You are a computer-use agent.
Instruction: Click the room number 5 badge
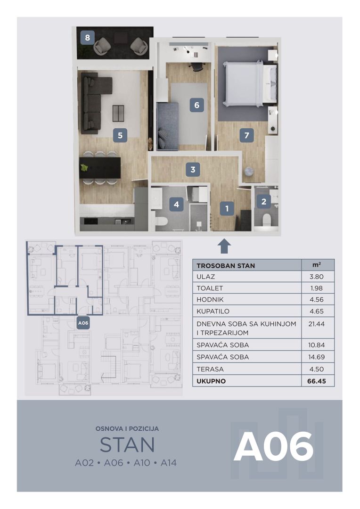[x=120, y=135]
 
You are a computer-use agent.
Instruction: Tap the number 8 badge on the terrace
[x=87, y=38]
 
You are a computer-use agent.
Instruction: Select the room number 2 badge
[x=263, y=202]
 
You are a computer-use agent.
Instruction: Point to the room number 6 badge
[x=196, y=105]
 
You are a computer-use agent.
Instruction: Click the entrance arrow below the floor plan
[x=224, y=246]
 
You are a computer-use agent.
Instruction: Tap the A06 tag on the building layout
[x=83, y=323]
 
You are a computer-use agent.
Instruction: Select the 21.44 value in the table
[x=317, y=324]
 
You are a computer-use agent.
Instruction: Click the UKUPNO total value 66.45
[x=317, y=381]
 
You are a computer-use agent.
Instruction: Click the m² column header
[x=317, y=265]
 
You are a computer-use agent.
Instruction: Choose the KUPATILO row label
[x=213, y=311]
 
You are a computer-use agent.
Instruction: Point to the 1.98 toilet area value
[x=317, y=288]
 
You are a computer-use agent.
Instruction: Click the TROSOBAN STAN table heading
[x=226, y=265]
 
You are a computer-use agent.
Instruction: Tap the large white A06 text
[x=274, y=447]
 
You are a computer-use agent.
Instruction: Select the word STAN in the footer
[x=127, y=445]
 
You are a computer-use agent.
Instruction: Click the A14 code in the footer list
[x=169, y=463]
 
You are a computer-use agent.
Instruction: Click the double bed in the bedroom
[x=250, y=84]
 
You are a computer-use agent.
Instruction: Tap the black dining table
[x=100, y=168]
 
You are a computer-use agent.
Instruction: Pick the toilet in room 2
[x=266, y=220]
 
